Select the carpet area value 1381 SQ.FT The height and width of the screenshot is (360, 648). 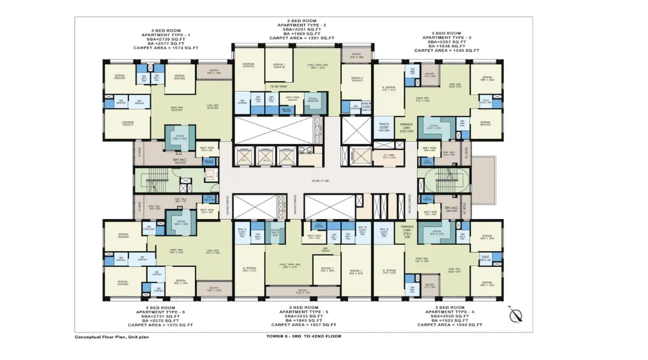click(x=301, y=38)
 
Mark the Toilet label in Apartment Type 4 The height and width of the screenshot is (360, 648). click(x=485, y=257)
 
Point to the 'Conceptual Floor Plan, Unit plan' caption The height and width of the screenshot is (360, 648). click(x=112, y=337)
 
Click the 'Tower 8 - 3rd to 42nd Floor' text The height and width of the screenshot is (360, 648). click(x=304, y=336)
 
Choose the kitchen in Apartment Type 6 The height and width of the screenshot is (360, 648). click(x=181, y=222)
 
